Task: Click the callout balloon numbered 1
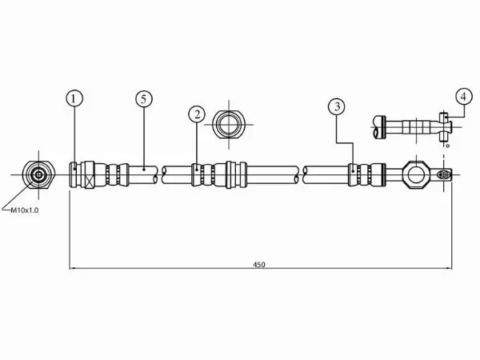point(74,98)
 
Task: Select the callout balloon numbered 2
point(197,114)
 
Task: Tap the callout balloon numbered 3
point(337,106)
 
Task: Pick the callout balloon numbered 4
point(463,97)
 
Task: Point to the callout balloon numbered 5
point(144,99)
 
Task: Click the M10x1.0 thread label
point(25,210)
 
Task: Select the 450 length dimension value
point(259,265)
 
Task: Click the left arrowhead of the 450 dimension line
point(73,269)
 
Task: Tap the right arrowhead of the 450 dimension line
point(449,269)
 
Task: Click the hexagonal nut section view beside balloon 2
point(229,124)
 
